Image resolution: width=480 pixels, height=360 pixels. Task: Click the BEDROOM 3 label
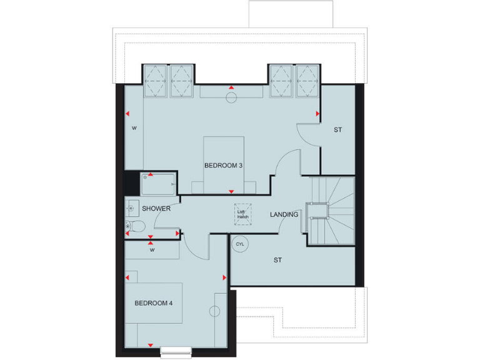[x=223, y=166]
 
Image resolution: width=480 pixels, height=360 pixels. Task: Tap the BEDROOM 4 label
[x=154, y=303]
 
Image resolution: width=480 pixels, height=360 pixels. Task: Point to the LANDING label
[x=284, y=214]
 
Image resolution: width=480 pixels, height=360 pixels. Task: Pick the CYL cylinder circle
[x=240, y=244]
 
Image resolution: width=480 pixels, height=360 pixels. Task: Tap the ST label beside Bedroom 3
[x=337, y=130]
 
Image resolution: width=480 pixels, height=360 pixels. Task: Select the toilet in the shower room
[x=134, y=226]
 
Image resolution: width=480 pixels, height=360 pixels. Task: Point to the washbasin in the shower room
[x=131, y=206]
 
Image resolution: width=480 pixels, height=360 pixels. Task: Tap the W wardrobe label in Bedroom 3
[x=134, y=128]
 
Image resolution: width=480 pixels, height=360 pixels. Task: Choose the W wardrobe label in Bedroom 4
[x=152, y=250]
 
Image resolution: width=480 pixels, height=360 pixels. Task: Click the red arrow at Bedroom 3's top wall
[x=231, y=87]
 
